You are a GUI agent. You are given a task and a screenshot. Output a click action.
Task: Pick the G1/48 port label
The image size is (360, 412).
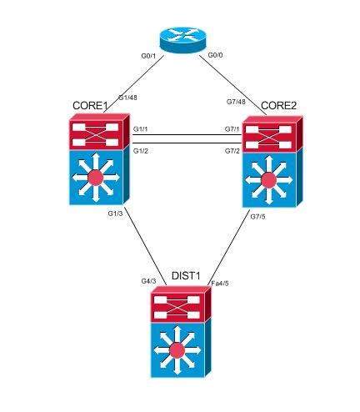pyautogui.click(x=127, y=98)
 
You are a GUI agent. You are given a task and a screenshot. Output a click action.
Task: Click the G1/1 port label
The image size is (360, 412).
pyautogui.click(x=140, y=129)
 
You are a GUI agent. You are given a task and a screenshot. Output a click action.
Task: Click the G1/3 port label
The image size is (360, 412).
pyautogui.click(x=116, y=215)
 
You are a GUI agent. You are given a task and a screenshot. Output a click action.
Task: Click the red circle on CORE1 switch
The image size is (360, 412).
pyautogui.click(x=97, y=177)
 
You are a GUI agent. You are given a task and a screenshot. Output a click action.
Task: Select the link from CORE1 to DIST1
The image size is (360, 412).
pyautogui.click(x=146, y=247)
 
